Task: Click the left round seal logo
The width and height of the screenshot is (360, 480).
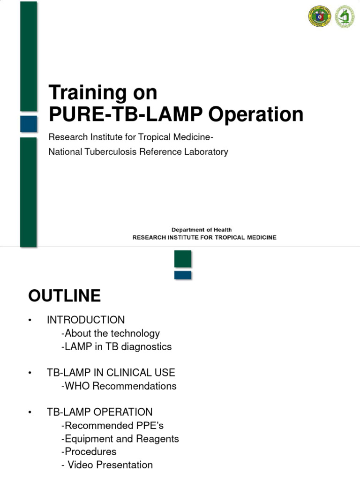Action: pyautogui.click(x=319, y=16)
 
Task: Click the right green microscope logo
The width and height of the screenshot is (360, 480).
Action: pyautogui.click(x=345, y=16)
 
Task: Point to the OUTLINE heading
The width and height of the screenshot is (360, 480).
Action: pyautogui.click(x=65, y=296)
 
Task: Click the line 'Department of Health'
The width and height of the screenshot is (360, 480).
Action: pyautogui.click(x=201, y=230)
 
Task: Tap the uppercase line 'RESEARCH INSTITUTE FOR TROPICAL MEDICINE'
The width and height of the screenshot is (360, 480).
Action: pyautogui.click(x=204, y=238)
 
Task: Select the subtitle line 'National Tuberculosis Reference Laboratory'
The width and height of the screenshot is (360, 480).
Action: pyautogui.click(x=138, y=152)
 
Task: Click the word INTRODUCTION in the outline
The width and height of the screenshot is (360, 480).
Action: pyautogui.click(x=86, y=320)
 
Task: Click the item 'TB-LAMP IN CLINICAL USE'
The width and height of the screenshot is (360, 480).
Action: pyautogui.click(x=111, y=373)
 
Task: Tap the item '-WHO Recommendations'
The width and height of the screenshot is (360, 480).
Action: pyautogui.click(x=119, y=386)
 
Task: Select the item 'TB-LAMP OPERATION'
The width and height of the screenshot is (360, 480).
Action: pyautogui.click(x=99, y=412)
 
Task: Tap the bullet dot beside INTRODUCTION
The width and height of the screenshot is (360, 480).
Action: pyautogui.click(x=29, y=320)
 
